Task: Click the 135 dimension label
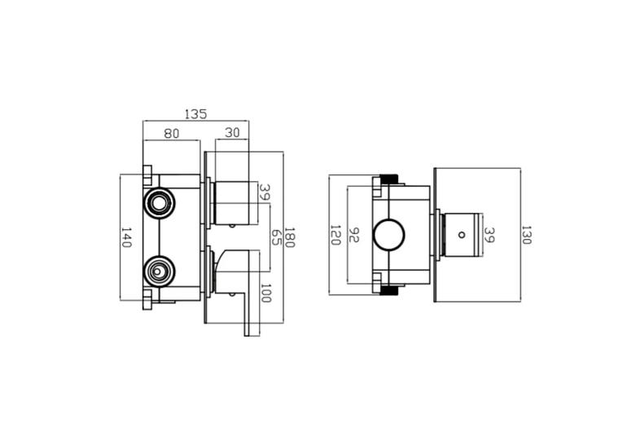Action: [x=196, y=114]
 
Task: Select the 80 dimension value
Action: [x=172, y=134]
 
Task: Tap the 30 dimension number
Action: [x=232, y=133]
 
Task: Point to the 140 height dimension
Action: [x=126, y=237]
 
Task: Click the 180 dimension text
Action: [x=289, y=237]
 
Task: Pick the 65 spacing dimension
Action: [x=277, y=237]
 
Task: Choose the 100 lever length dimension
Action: [x=266, y=293]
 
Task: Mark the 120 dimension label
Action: [x=335, y=235]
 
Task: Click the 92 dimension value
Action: [x=354, y=235]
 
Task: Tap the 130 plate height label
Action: [x=526, y=235]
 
